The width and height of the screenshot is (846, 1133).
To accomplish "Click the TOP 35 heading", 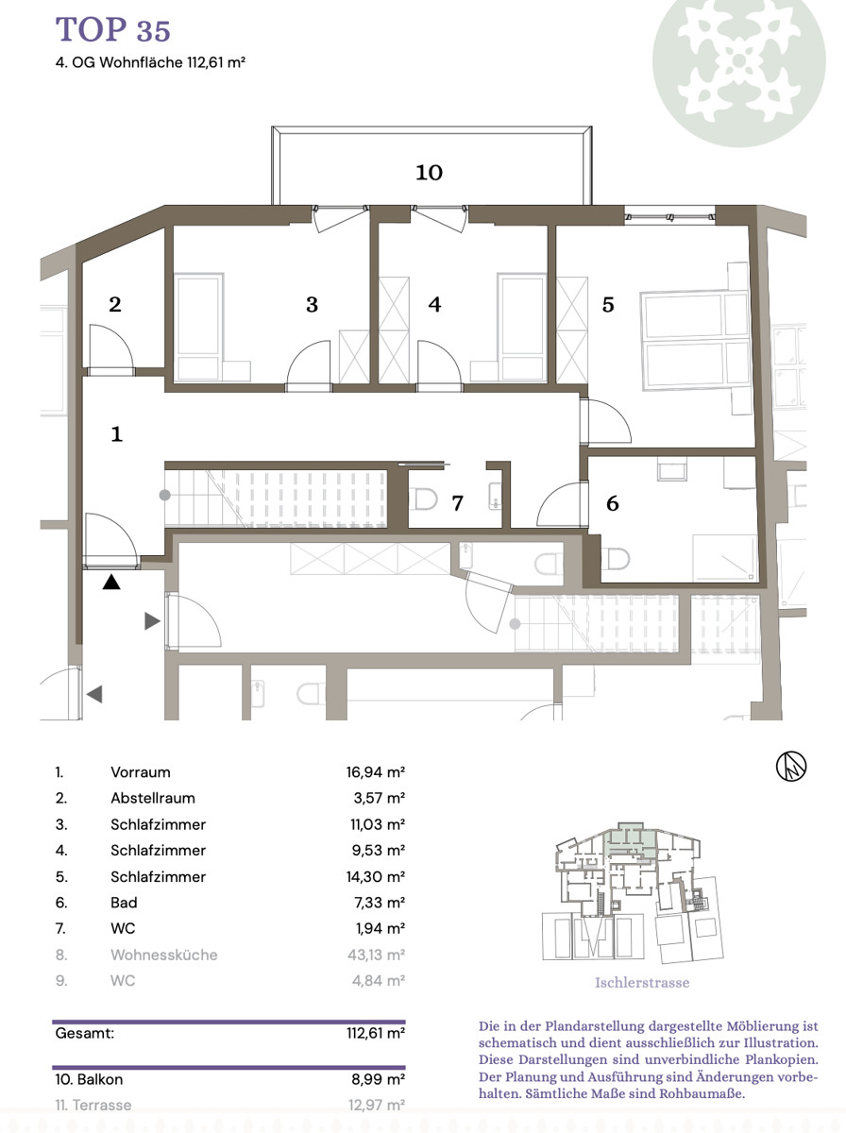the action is point(112,29).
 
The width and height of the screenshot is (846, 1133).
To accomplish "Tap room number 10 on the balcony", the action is point(429,173).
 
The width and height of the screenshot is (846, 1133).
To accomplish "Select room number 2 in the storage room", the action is point(115,305).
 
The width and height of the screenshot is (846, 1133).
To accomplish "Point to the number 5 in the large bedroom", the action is point(608,305).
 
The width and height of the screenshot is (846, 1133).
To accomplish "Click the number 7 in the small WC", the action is point(457,502).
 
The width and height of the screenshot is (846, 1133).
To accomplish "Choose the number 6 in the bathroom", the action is point(612,503).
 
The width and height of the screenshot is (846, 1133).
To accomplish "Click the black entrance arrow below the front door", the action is point(111,582).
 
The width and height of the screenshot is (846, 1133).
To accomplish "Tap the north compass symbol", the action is point(791,766).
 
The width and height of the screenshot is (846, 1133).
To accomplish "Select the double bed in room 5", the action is point(695,339).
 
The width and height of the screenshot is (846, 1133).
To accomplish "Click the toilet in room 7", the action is point(423,499).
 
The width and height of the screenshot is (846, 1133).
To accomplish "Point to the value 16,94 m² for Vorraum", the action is point(375,772).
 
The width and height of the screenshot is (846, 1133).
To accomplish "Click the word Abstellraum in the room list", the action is point(153,798).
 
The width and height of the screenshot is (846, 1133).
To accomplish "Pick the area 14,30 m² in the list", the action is point(375,876).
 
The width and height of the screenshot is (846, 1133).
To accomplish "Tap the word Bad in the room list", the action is point(124,903).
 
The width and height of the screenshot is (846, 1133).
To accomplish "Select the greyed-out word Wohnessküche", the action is point(164,955).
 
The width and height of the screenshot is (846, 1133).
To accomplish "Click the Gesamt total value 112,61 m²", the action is point(375,1033).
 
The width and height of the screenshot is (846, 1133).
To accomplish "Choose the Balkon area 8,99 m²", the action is point(378,1079).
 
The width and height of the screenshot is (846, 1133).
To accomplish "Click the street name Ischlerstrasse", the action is point(642,982).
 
